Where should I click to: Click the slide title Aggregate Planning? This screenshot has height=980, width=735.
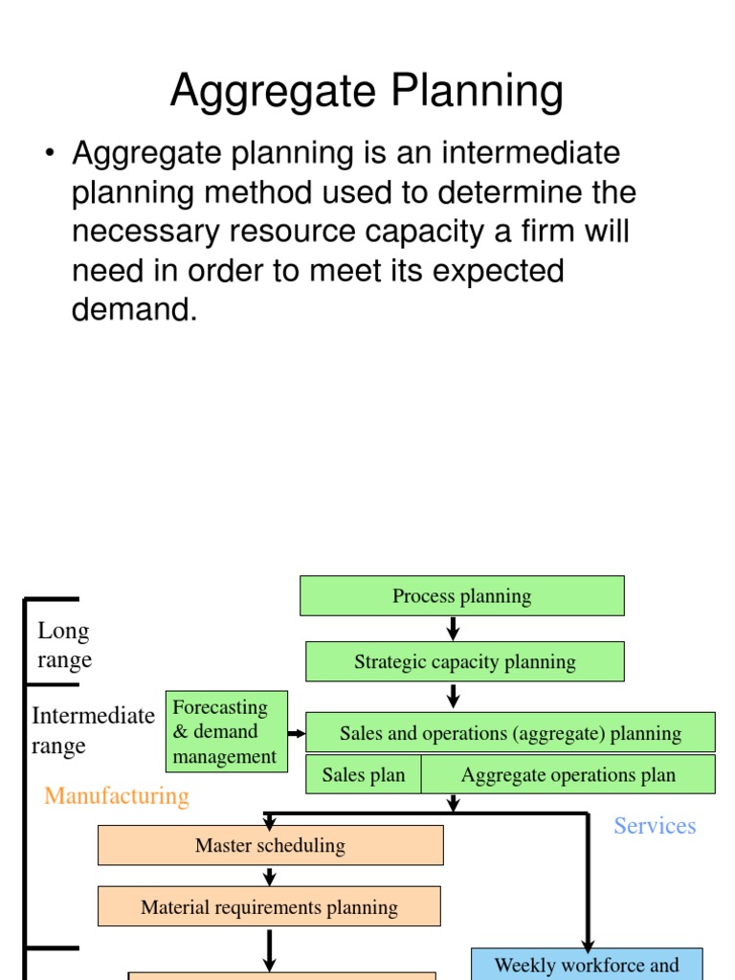point(367,93)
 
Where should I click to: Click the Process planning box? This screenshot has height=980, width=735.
point(462,596)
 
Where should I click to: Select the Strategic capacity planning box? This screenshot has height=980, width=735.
point(465,662)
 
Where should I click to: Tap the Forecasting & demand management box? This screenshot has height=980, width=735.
point(226,732)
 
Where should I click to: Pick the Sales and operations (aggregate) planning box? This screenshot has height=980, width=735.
point(510,733)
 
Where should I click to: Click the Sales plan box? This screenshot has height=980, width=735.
point(364,775)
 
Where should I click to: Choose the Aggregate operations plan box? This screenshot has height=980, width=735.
point(568,775)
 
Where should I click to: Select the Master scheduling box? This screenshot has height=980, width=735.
point(270,845)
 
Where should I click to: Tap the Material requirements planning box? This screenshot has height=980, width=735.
point(269,906)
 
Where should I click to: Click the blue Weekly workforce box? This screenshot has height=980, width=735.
point(587,965)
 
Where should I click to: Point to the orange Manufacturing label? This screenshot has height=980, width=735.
point(117,796)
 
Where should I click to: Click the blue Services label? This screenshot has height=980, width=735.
point(655,826)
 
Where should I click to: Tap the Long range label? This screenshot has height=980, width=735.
point(64,645)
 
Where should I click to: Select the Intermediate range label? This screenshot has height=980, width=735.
point(93,730)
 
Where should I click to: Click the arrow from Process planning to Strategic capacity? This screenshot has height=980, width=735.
point(454,629)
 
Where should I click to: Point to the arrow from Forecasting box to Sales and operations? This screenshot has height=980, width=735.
point(297,734)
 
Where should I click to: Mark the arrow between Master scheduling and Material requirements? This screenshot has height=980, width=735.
point(270,876)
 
